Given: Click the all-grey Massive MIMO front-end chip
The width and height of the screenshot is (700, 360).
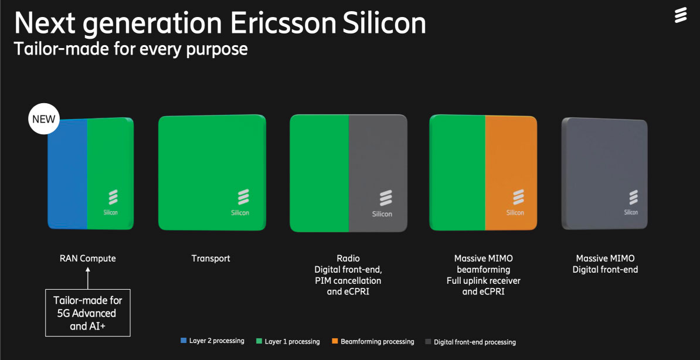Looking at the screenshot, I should pyautogui.click(x=604, y=173).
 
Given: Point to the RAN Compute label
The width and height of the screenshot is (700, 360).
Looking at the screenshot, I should pyautogui.click(x=88, y=258).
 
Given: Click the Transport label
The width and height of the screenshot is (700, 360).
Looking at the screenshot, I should pyautogui.click(x=211, y=258).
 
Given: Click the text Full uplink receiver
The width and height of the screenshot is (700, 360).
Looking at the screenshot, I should pyautogui.click(x=482, y=281).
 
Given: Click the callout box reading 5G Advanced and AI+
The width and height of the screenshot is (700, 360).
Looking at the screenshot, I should pyautogui.click(x=88, y=313).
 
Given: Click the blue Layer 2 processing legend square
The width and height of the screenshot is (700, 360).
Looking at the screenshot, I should pyautogui.click(x=184, y=341).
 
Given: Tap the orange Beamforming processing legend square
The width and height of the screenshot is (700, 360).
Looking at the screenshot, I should pyautogui.click(x=334, y=341).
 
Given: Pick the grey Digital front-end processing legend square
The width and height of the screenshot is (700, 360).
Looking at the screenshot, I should pyautogui.click(x=427, y=341).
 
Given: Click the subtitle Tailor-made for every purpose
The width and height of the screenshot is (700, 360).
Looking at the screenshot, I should pyautogui.click(x=130, y=49).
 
